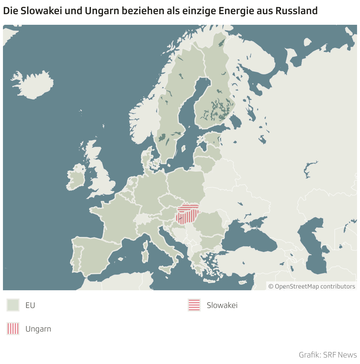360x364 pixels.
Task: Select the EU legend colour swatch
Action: (13, 305)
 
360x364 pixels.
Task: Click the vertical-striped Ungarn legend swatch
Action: (13, 329)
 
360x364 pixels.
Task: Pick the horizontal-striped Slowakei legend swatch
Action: (194, 305)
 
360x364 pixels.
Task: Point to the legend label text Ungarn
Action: (38, 329)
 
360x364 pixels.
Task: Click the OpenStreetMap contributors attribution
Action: (312, 286)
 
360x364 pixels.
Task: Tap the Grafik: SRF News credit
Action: (328, 355)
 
